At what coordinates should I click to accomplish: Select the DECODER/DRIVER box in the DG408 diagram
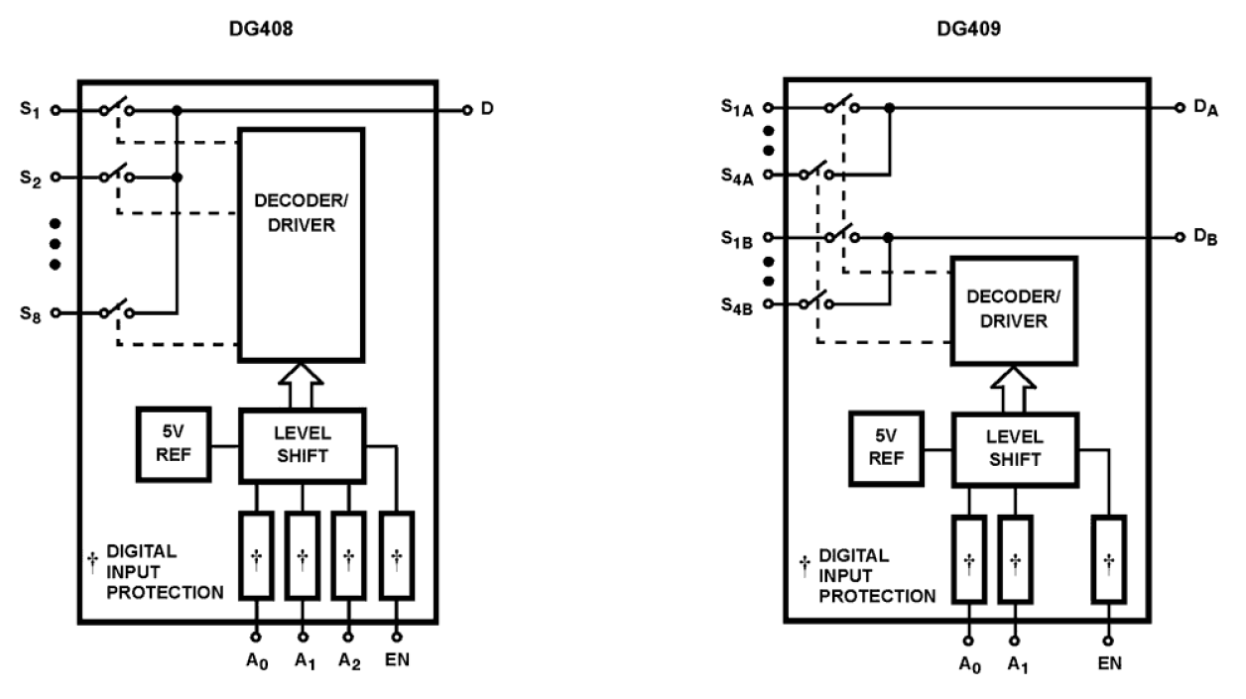tap(301, 244)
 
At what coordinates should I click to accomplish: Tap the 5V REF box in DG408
tap(174, 444)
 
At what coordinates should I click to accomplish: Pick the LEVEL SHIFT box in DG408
tap(301, 445)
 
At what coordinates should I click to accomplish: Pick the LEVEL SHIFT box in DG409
tap(1013, 449)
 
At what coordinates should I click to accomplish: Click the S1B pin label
tap(738, 239)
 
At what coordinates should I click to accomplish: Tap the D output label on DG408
tap(486, 110)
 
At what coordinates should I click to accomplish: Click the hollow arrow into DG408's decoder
tap(301, 386)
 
